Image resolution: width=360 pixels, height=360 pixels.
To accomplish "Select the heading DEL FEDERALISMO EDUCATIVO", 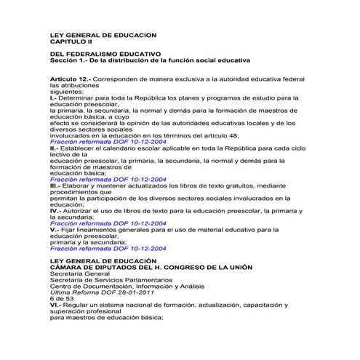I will [x=105, y=55].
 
